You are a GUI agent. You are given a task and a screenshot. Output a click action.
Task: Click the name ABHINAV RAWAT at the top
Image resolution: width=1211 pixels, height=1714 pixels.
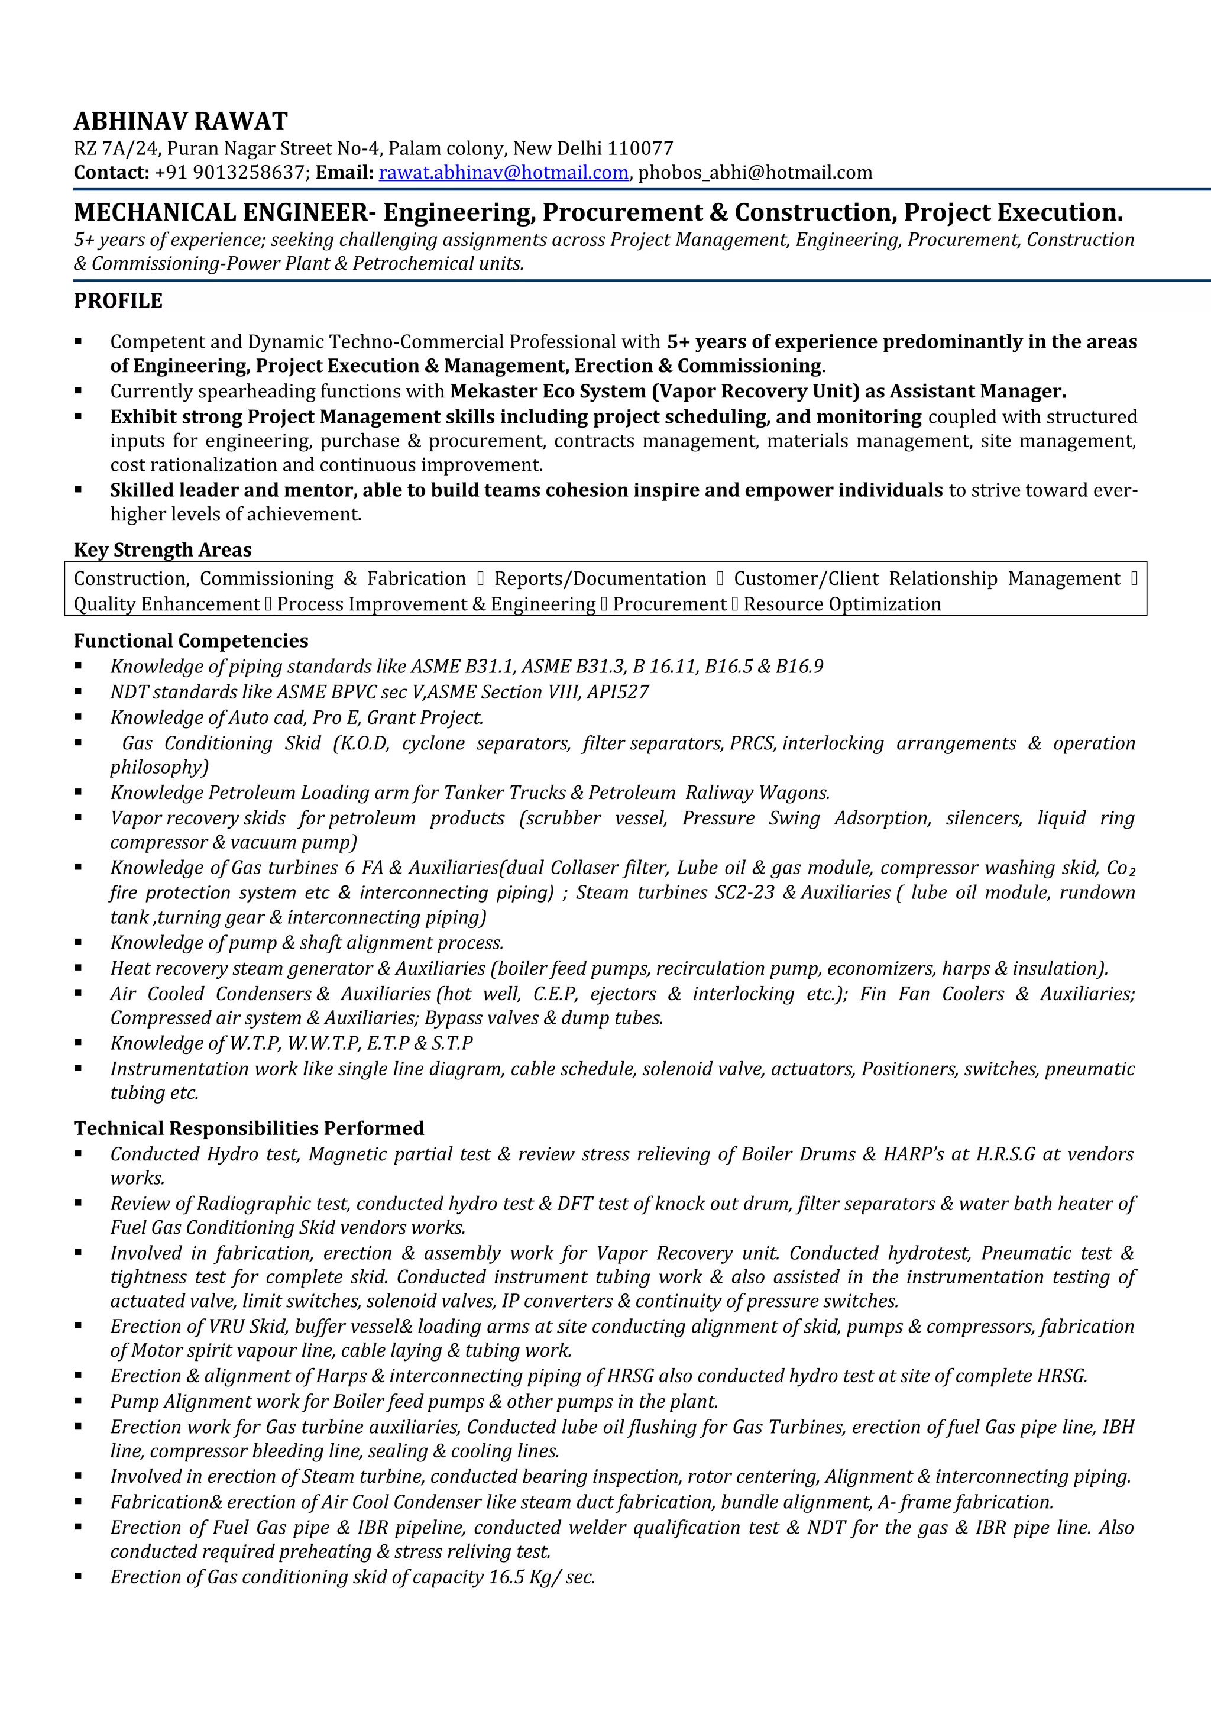[x=180, y=121]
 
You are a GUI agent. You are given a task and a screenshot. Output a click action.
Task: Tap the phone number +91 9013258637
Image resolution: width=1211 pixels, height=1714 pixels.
[x=231, y=173]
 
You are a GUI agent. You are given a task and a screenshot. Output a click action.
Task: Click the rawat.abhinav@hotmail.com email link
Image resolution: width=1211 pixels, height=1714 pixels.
[x=504, y=173]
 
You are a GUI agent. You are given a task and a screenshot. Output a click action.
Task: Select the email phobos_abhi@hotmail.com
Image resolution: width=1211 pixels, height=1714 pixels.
[x=755, y=173]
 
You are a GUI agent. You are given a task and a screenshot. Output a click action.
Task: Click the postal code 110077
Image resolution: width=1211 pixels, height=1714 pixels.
[x=640, y=148]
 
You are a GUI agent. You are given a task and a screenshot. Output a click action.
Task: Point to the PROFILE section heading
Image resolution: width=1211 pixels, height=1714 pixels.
[x=118, y=301]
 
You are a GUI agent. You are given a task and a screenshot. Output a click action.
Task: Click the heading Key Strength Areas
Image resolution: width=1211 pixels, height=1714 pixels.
[x=163, y=549]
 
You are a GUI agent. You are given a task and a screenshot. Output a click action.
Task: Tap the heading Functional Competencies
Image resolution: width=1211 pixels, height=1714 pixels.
[x=191, y=641]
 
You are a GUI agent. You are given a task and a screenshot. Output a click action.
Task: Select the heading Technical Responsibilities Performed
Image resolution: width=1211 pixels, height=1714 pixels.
[x=248, y=1128]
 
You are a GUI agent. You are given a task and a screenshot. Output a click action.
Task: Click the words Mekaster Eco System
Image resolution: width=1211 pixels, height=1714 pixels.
[x=548, y=391]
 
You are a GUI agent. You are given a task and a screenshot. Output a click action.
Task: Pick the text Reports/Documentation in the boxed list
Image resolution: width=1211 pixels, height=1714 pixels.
[x=600, y=578]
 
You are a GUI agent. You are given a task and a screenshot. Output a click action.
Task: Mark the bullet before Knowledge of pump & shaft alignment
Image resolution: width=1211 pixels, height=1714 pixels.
[x=78, y=943]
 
